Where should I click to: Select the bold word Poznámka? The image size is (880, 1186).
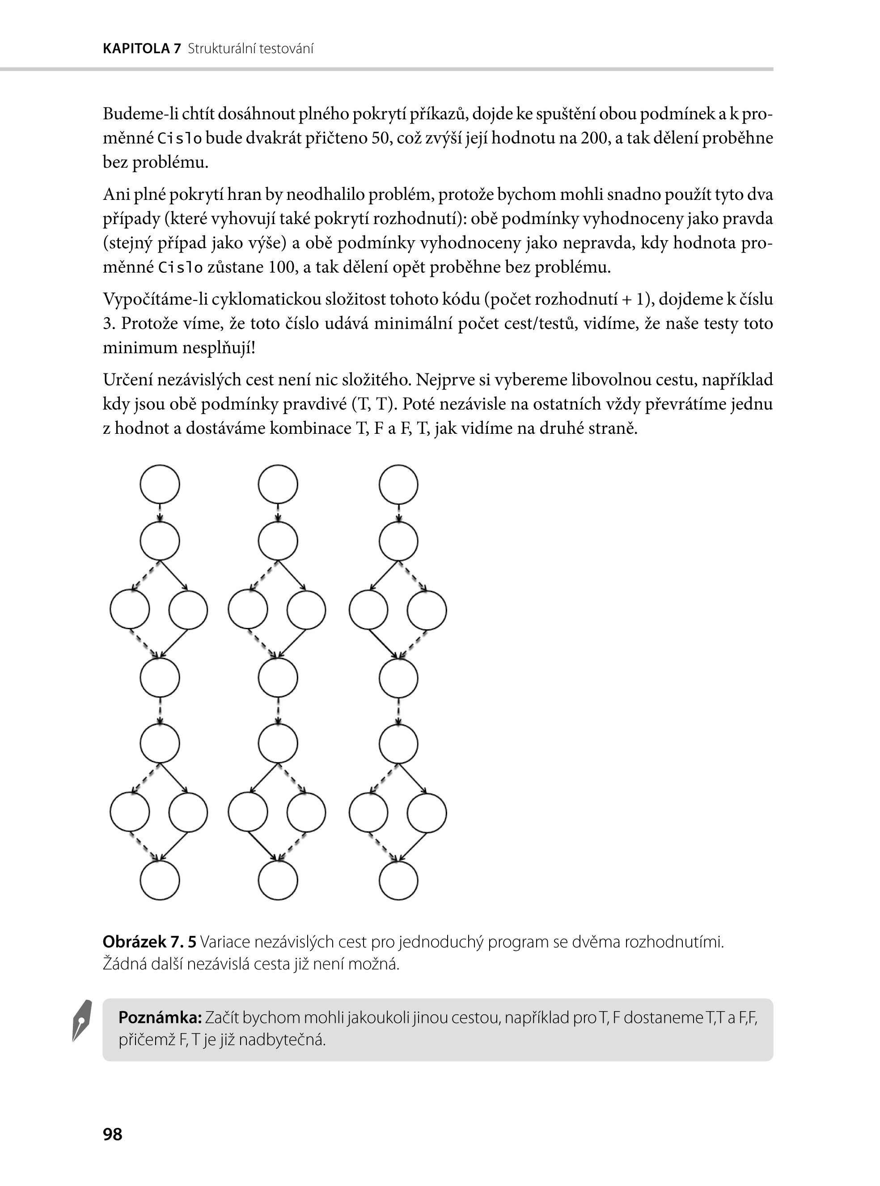(x=160, y=1018)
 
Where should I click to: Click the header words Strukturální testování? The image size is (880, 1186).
(x=250, y=49)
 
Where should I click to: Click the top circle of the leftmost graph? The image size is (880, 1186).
(x=160, y=484)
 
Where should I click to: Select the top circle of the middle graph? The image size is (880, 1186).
(x=278, y=484)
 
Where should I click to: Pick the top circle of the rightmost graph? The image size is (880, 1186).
(x=398, y=484)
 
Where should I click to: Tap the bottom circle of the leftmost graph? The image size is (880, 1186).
(x=160, y=880)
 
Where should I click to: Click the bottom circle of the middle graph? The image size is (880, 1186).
(x=278, y=880)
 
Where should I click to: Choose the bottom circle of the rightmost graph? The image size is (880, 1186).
(x=398, y=880)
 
